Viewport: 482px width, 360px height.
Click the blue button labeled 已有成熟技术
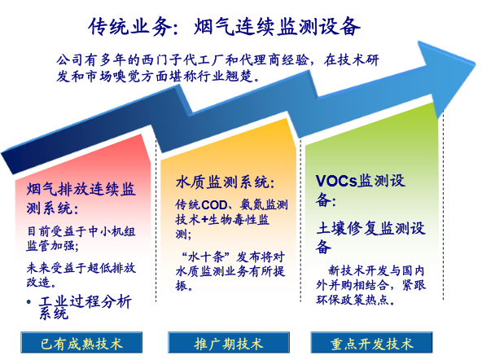point(81,342)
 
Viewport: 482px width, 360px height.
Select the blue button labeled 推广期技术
point(229,342)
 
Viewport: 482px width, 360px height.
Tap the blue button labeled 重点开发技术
point(371,342)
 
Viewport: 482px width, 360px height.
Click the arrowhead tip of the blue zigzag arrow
point(475,64)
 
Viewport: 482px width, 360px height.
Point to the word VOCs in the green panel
point(336,181)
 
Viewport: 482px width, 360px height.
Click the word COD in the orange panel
point(214,204)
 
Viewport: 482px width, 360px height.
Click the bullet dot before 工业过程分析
point(28,302)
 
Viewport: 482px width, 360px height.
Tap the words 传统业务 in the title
point(129,27)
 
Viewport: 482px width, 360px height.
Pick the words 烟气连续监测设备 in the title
point(277,27)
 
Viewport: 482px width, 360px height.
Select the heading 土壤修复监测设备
point(370,237)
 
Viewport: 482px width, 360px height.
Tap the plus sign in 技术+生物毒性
point(204,220)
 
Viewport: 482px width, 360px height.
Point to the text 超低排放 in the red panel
point(112,268)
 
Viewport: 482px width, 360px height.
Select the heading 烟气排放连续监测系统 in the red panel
point(81,198)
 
